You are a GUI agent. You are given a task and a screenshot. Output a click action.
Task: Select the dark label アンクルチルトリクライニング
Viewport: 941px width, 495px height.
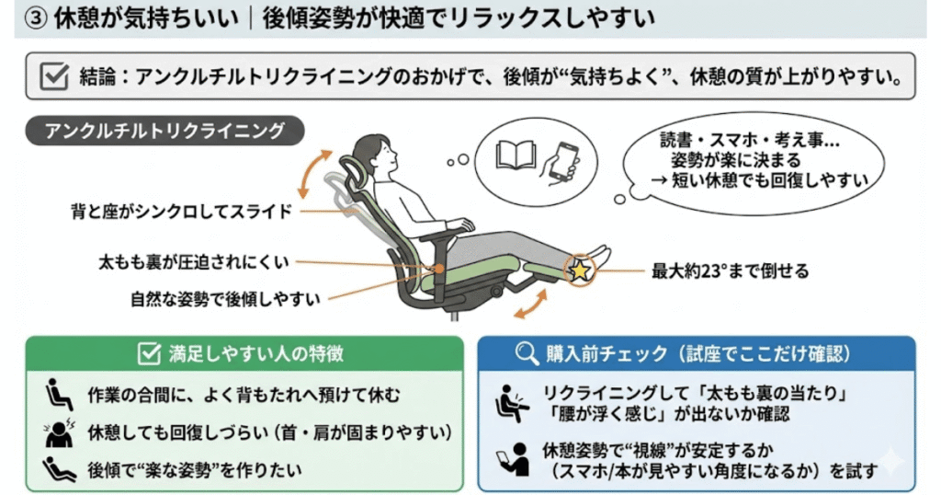[164, 130]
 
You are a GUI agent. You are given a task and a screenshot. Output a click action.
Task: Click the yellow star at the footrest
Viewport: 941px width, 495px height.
[581, 271]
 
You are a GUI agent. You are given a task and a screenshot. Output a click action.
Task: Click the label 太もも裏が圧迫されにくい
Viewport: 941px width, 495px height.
[194, 262]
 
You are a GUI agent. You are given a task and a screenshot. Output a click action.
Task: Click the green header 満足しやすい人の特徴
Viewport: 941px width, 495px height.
[244, 353]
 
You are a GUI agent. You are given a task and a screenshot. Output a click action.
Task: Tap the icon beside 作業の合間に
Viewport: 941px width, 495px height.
[59, 395]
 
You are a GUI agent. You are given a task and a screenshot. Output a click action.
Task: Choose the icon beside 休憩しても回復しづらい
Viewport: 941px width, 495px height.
[59, 432]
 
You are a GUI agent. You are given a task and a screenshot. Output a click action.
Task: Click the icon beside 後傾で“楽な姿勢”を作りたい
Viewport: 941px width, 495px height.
[59, 468]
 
